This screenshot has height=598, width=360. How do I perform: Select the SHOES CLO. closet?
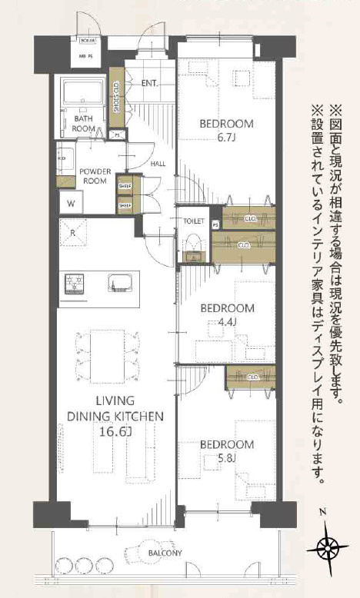pyautogui.click(x=116, y=97)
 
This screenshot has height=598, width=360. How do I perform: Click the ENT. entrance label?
pyautogui.click(x=149, y=82)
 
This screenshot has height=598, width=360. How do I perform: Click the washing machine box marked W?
pyautogui.click(x=71, y=203)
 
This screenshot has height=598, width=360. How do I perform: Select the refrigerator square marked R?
pyautogui.click(x=73, y=231)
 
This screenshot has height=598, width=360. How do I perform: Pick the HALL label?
pyautogui.click(x=158, y=164)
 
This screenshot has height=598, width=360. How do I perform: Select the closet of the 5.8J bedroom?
pyautogui.click(x=250, y=378)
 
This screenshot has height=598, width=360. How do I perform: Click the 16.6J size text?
pyautogui.click(x=115, y=432)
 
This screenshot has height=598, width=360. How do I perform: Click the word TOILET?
pyautogui.click(x=193, y=220)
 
